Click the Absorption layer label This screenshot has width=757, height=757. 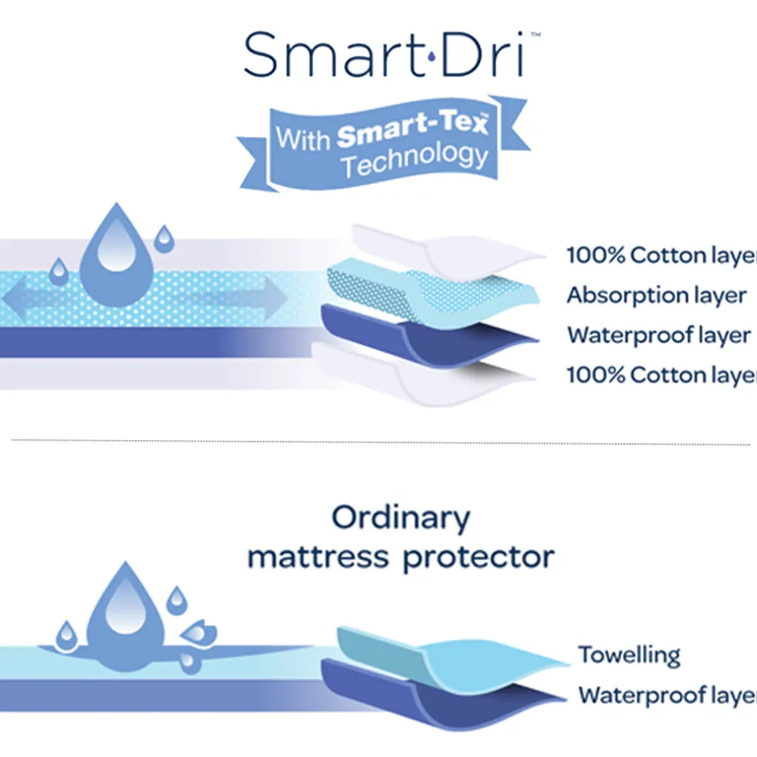[656, 295]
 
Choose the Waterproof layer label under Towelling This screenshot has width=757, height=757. [666, 695]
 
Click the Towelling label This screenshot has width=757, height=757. [629, 655]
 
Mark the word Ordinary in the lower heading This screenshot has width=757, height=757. [400, 519]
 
